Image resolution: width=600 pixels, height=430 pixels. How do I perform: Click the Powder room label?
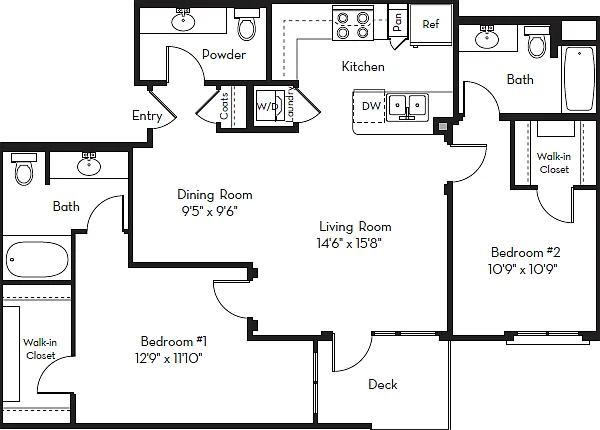click(x=224, y=55)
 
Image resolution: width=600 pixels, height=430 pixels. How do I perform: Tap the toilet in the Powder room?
click(x=246, y=24)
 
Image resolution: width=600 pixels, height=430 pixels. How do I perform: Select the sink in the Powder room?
click(x=183, y=20)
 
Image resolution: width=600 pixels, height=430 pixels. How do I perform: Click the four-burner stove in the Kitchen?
click(x=352, y=23)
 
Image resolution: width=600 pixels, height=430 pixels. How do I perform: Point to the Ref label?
click(x=430, y=24)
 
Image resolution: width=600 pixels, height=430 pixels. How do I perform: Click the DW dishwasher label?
click(x=371, y=106)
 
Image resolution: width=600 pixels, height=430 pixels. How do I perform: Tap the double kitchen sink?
click(x=407, y=107)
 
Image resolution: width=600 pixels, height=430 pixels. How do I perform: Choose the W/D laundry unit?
click(x=270, y=107)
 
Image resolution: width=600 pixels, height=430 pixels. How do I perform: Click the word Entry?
click(x=147, y=115)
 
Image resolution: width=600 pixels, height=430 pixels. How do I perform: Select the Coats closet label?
click(x=224, y=106)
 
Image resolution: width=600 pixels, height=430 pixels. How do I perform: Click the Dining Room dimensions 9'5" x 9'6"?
click(x=210, y=211)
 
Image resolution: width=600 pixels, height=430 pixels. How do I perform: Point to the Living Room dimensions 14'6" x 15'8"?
click(x=349, y=243)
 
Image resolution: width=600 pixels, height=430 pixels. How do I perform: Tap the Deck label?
click(x=383, y=384)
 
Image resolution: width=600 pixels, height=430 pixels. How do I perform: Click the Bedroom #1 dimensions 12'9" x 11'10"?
click(x=169, y=358)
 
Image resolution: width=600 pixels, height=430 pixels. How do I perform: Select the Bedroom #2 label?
click(x=525, y=252)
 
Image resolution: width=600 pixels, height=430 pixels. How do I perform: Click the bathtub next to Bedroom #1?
click(x=37, y=259)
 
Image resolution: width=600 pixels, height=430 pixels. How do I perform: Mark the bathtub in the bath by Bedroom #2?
click(x=580, y=79)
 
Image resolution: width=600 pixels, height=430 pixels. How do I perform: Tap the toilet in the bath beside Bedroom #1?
click(x=24, y=169)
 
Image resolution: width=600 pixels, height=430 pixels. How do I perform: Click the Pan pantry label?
click(x=397, y=22)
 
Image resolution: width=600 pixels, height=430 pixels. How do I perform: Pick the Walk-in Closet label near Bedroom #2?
click(x=554, y=163)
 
